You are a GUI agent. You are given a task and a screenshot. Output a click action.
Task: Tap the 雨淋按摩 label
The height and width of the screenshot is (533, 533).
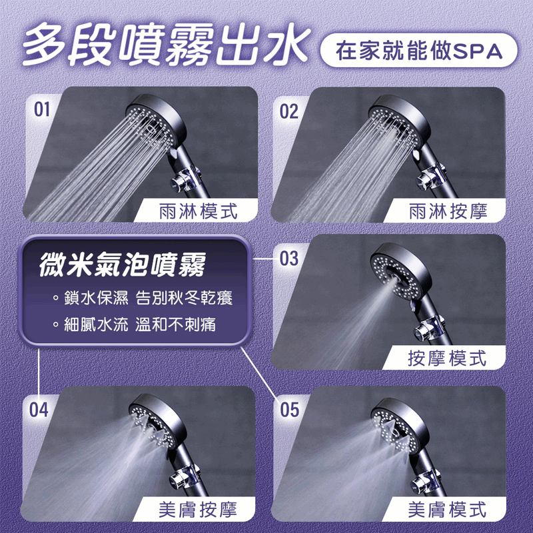click(x=448, y=211)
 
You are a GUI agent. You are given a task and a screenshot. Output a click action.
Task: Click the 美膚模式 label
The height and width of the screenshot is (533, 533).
click(x=448, y=510)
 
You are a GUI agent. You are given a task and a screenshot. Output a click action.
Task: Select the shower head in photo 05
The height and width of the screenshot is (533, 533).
click(x=398, y=426)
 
